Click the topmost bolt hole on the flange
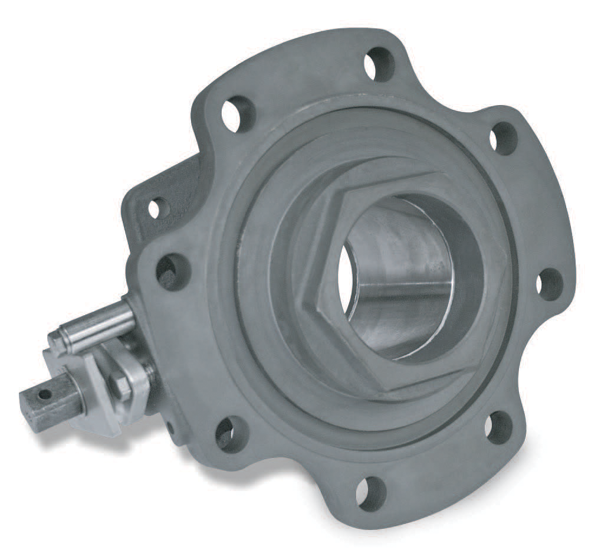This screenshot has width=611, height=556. (379, 64)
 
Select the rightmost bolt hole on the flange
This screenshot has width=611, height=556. (550, 284)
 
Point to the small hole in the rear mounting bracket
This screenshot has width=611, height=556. (155, 208)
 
